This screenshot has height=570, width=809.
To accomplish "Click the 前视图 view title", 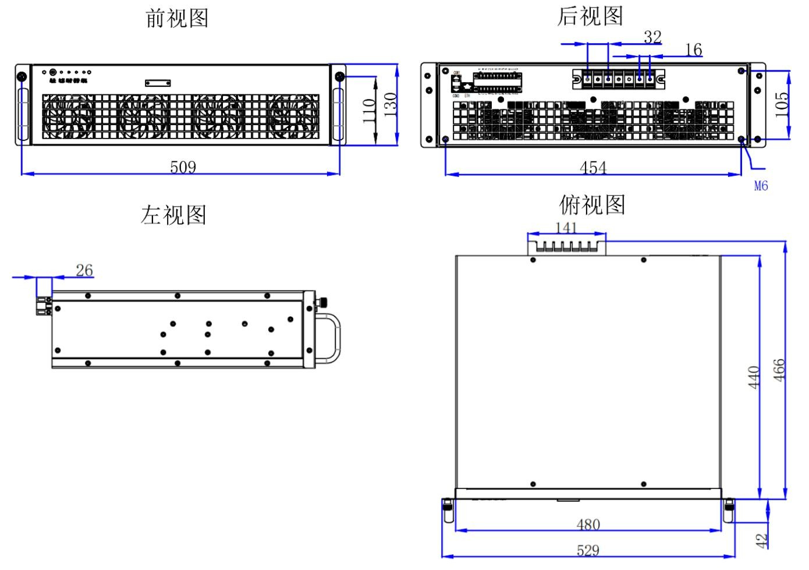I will pyautogui.click(x=177, y=19).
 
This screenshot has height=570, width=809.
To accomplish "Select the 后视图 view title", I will pyautogui.click(x=590, y=16).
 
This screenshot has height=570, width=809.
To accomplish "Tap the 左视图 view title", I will pyautogui.click(x=173, y=215).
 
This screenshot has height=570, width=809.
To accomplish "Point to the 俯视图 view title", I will pyautogui.click(x=592, y=205).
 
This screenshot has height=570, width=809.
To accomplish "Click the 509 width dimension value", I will pyautogui.click(x=183, y=167).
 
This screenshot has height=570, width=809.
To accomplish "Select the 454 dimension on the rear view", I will pyautogui.click(x=593, y=168).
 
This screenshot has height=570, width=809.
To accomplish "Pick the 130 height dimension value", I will pyautogui.click(x=391, y=105).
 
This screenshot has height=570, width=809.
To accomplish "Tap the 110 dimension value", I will pyautogui.click(x=369, y=111).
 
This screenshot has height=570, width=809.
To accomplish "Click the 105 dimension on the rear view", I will pyautogui.click(x=783, y=104).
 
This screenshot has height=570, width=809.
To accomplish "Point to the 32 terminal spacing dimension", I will pyautogui.click(x=652, y=37).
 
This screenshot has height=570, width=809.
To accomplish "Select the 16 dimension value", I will pyautogui.click(x=693, y=50).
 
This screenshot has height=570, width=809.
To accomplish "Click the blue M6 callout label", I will pyautogui.click(x=761, y=186).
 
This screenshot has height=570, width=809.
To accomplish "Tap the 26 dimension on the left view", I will pyautogui.click(x=84, y=270).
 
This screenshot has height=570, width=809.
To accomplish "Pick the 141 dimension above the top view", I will pyautogui.click(x=566, y=227).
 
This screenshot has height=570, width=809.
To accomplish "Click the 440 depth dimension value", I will pyautogui.click(x=754, y=377).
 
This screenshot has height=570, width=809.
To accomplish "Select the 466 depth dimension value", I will pyautogui.click(x=779, y=370).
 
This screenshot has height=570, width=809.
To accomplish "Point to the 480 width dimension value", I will pyautogui.click(x=588, y=525).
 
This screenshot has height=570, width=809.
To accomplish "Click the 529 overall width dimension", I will pyautogui.click(x=588, y=550).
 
